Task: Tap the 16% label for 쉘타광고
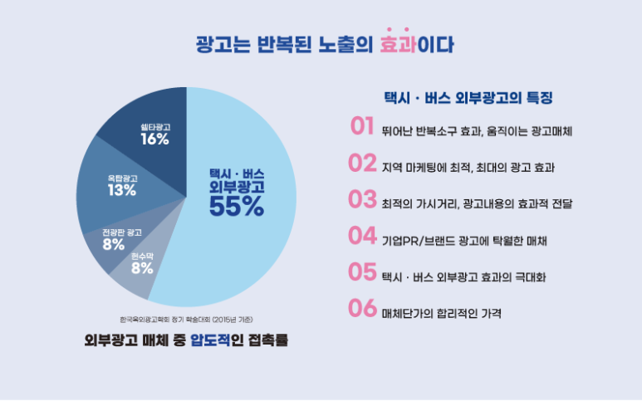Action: click(155, 139)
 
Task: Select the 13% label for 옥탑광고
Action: click(122, 190)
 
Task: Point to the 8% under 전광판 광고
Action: click(115, 244)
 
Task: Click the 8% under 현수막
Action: click(142, 267)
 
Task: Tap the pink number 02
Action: click(362, 163)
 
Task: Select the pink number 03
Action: click(362, 199)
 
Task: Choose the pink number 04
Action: click(362, 236)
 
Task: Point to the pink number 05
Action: click(362, 271)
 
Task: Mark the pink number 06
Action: click(362, 308)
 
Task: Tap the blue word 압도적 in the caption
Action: click(210, 340)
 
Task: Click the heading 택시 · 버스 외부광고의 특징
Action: click(468, 96)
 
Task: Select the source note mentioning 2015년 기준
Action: click(186, 318)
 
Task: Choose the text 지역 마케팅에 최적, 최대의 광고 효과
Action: click(468, 168)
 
